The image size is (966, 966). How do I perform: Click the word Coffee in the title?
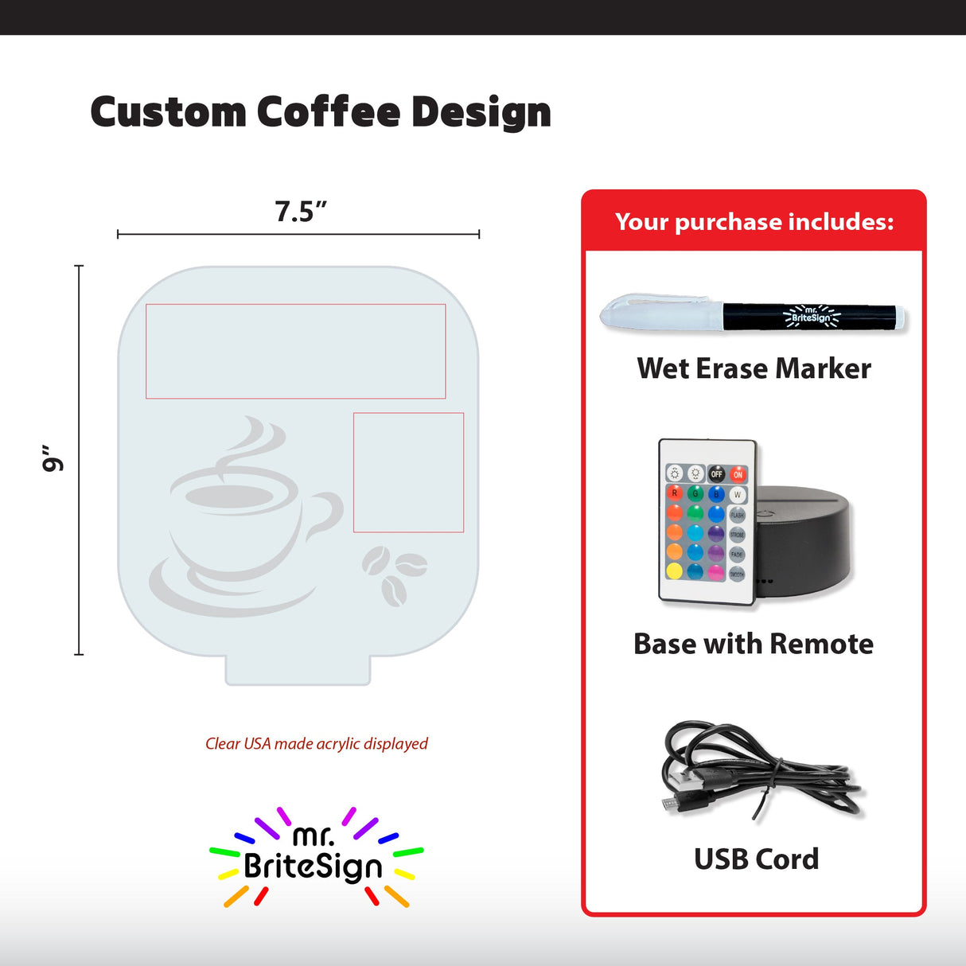(328, 112)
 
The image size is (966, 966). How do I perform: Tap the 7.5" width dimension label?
(301, 212)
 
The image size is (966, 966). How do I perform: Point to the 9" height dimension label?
(53, 458)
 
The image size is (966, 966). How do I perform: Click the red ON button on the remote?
(738, 474)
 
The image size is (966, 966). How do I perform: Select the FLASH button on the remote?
(737, 515)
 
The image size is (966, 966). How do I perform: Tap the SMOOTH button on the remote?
(737, 573)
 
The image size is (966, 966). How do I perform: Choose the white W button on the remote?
(737, 494)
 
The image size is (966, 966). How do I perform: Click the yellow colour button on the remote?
(675, 571)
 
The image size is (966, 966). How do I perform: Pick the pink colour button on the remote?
(716, 572)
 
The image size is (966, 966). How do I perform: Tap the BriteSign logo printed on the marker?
(811, 316)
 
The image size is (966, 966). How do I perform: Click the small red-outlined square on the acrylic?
(408, 472)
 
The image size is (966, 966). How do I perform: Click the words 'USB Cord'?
(756, 859)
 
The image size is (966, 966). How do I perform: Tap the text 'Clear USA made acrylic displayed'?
(317, 744)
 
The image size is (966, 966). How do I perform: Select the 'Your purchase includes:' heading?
(754, 222)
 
